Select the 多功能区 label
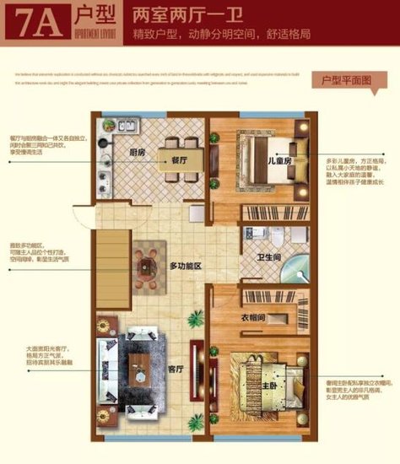(x=186, y=266)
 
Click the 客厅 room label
(x=176, y=369)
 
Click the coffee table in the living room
(x=140, y=368)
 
